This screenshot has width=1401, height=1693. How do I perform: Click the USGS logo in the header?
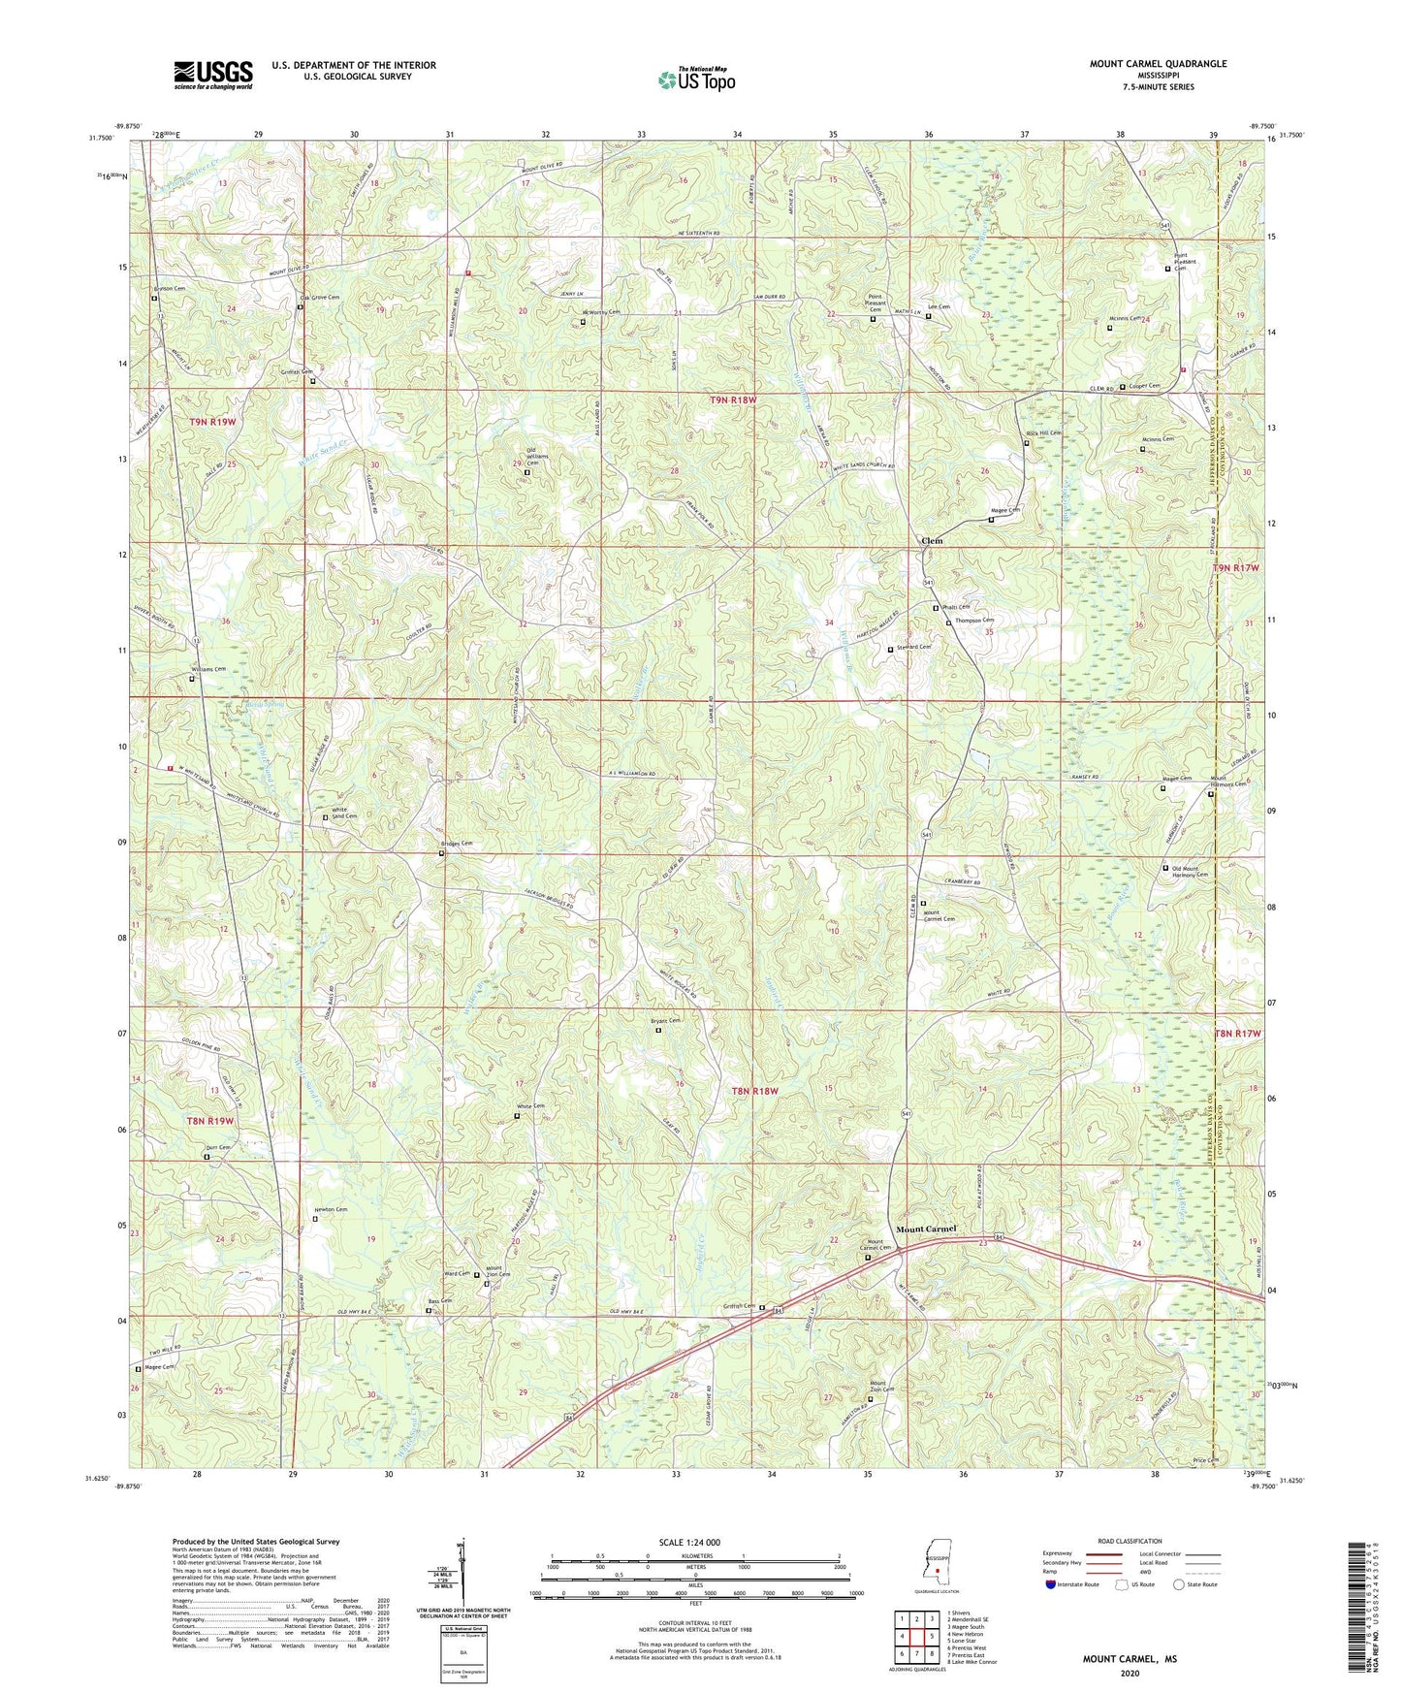(x=213, y=74)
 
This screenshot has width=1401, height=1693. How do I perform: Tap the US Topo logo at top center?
(x=695, y=80)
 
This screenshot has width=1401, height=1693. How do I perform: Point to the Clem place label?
(x=931, y=540)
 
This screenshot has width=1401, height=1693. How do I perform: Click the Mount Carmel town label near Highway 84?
(x=926, y=1229)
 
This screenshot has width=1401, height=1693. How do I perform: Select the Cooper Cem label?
(x=1144, y=386)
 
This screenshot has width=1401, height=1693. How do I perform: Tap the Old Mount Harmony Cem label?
(x=1193, y=871)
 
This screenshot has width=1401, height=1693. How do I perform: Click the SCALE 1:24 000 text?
(x=694, y=1543)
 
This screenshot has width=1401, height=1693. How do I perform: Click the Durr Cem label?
(x=217, y=1148)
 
